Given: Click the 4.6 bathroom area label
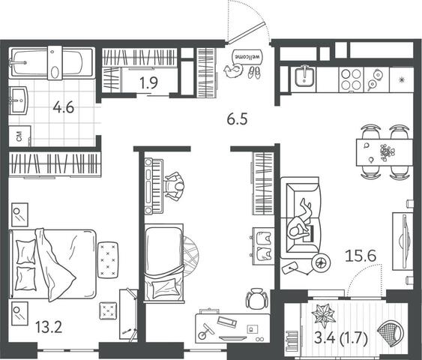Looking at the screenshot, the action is (63, 108).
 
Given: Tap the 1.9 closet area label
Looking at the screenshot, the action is (148, 83).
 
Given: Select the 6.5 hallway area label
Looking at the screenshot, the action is (237, 119).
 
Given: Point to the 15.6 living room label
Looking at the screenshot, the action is (361, 256).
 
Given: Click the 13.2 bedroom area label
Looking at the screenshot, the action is (49, 328).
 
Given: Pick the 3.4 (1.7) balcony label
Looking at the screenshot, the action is (341, 339).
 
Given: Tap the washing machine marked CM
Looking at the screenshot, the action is (19, 136).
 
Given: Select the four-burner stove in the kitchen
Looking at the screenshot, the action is (352, 79).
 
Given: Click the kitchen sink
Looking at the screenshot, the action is (304, 76).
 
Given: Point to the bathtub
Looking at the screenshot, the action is (52, 63).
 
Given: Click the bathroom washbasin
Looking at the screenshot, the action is (18, 100).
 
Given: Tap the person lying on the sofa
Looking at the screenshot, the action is (301, 221).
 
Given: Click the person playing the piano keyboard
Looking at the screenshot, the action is (175, 186).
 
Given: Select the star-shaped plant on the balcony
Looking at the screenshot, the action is (324, 313).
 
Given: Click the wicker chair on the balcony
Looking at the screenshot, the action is (391, 332).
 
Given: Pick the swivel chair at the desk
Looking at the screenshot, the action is (257, 298).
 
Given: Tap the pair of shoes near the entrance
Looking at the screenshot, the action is (254, 72).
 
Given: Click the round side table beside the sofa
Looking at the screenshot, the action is (321, 262).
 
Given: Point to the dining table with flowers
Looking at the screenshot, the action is (385, 152).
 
